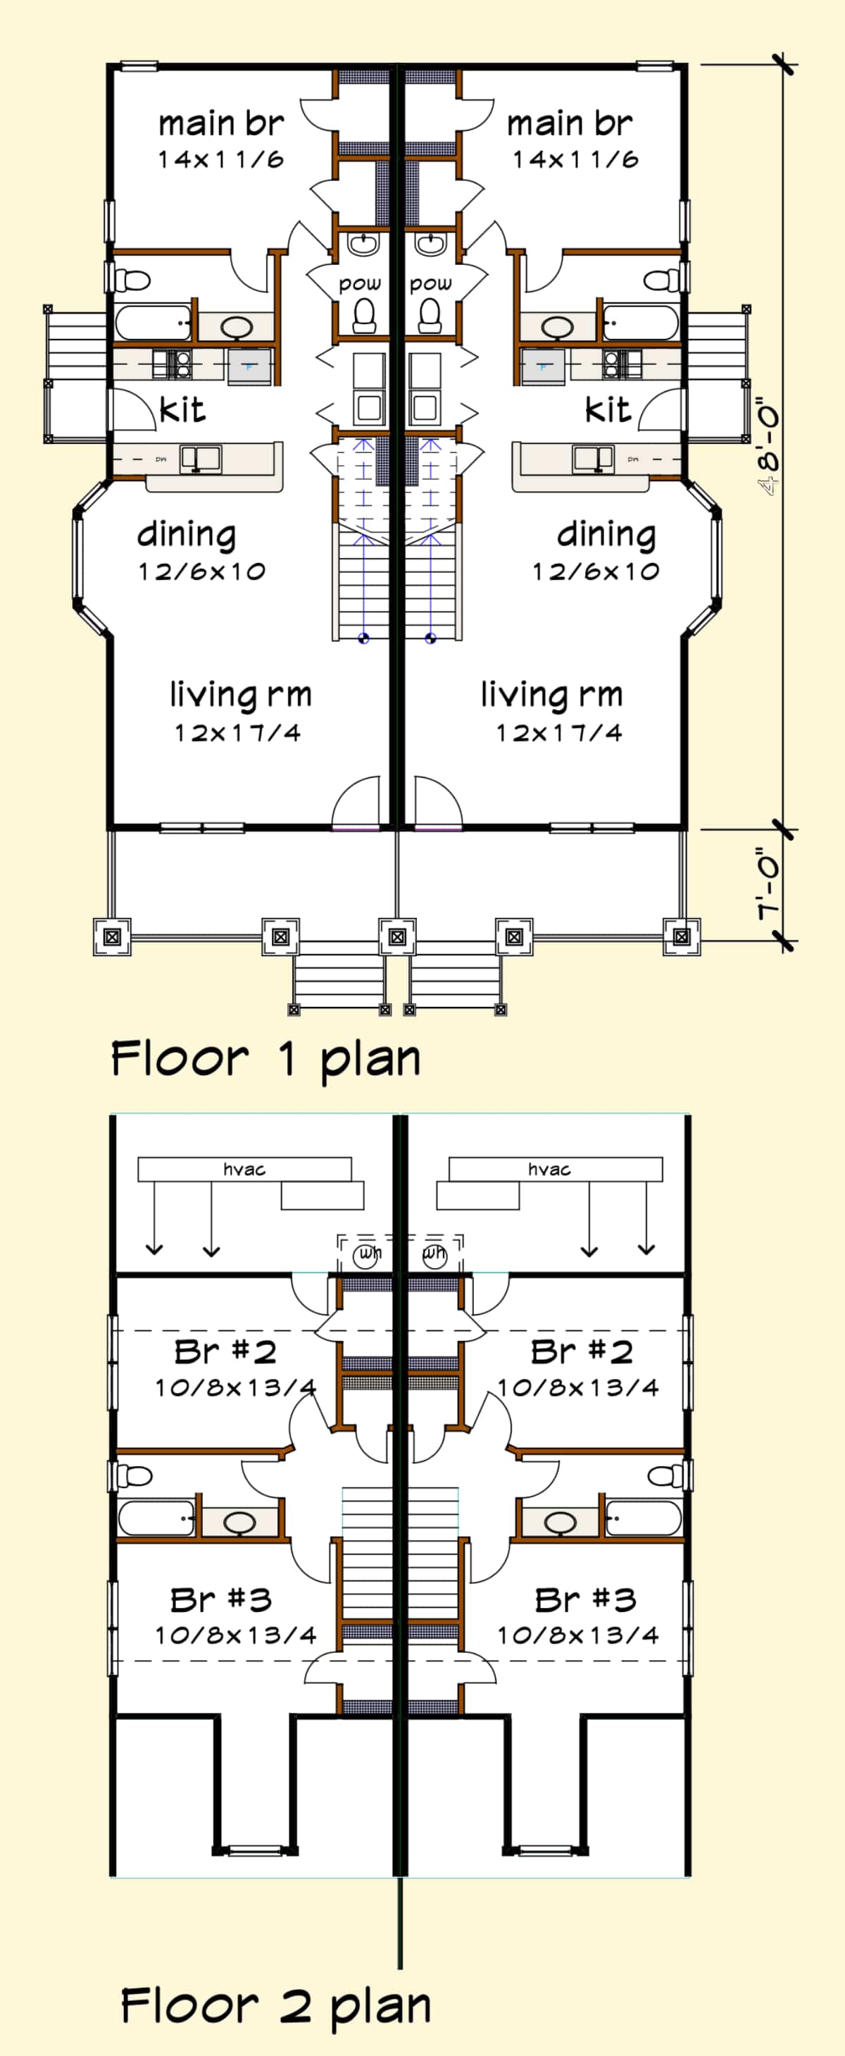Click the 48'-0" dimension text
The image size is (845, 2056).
tap(770, 447)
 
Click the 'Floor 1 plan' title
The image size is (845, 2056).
tap(265, 1059)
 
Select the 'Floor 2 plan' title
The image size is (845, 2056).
tap(275, 2006)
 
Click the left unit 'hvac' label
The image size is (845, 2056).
tap(244, 1169)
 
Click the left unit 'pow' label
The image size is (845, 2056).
tap(360, 283)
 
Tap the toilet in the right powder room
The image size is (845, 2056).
tap(430, 315)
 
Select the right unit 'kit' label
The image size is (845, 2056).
tap(607, 410)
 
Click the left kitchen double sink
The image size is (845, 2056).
tap(200, 458)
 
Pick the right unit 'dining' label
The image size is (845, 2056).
tap(606, 535)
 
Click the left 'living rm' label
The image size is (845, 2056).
tap(239, 695)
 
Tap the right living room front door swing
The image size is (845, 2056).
tap(437, 802)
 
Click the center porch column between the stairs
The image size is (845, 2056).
tap(396, 936)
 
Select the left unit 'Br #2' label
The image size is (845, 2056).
tap(225, 1352)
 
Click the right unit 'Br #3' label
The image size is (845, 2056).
tap(585, 1599)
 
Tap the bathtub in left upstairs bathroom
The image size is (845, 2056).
tap(156, 1517)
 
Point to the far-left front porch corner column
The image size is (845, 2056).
tap(112, 936)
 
